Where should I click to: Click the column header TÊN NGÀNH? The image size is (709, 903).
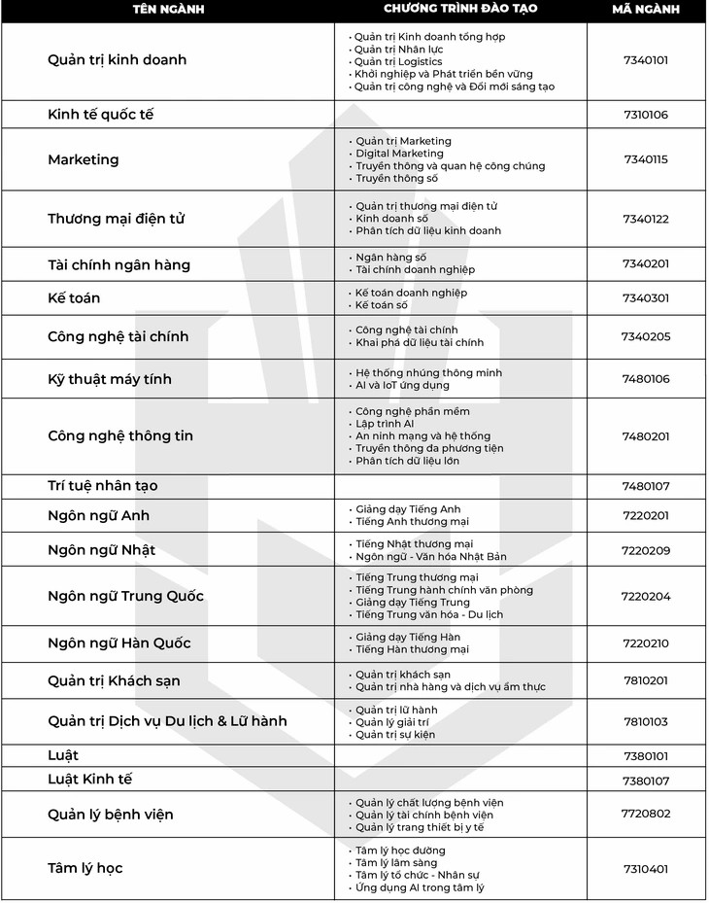coord(167,10)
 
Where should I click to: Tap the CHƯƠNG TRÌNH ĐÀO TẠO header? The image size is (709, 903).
coord(459,10)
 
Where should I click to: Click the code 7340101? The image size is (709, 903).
coord(646,60)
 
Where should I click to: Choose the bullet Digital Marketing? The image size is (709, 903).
coord(399,154)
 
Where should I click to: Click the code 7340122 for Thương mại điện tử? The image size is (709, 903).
coord(646,219)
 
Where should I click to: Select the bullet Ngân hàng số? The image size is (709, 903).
coord(390,258)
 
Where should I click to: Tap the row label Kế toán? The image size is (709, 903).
coord(74,298)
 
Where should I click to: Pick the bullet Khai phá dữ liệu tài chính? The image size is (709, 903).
coord(419,343)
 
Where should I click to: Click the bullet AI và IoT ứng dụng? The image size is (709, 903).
coord(402,385)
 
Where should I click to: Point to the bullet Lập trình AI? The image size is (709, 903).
coord(385,424)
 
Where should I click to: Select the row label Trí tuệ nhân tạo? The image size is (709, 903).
coord(102,486)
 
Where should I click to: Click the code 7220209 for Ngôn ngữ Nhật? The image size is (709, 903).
coord(646,550)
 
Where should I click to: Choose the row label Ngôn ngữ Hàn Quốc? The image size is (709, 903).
coord(119,643)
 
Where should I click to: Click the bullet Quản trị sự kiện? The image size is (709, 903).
coord(394,735)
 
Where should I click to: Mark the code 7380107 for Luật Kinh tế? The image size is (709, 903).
coord(646,780)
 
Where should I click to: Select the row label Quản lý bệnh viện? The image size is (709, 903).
coord(111,815)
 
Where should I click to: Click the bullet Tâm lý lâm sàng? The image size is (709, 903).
coord(396,863)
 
